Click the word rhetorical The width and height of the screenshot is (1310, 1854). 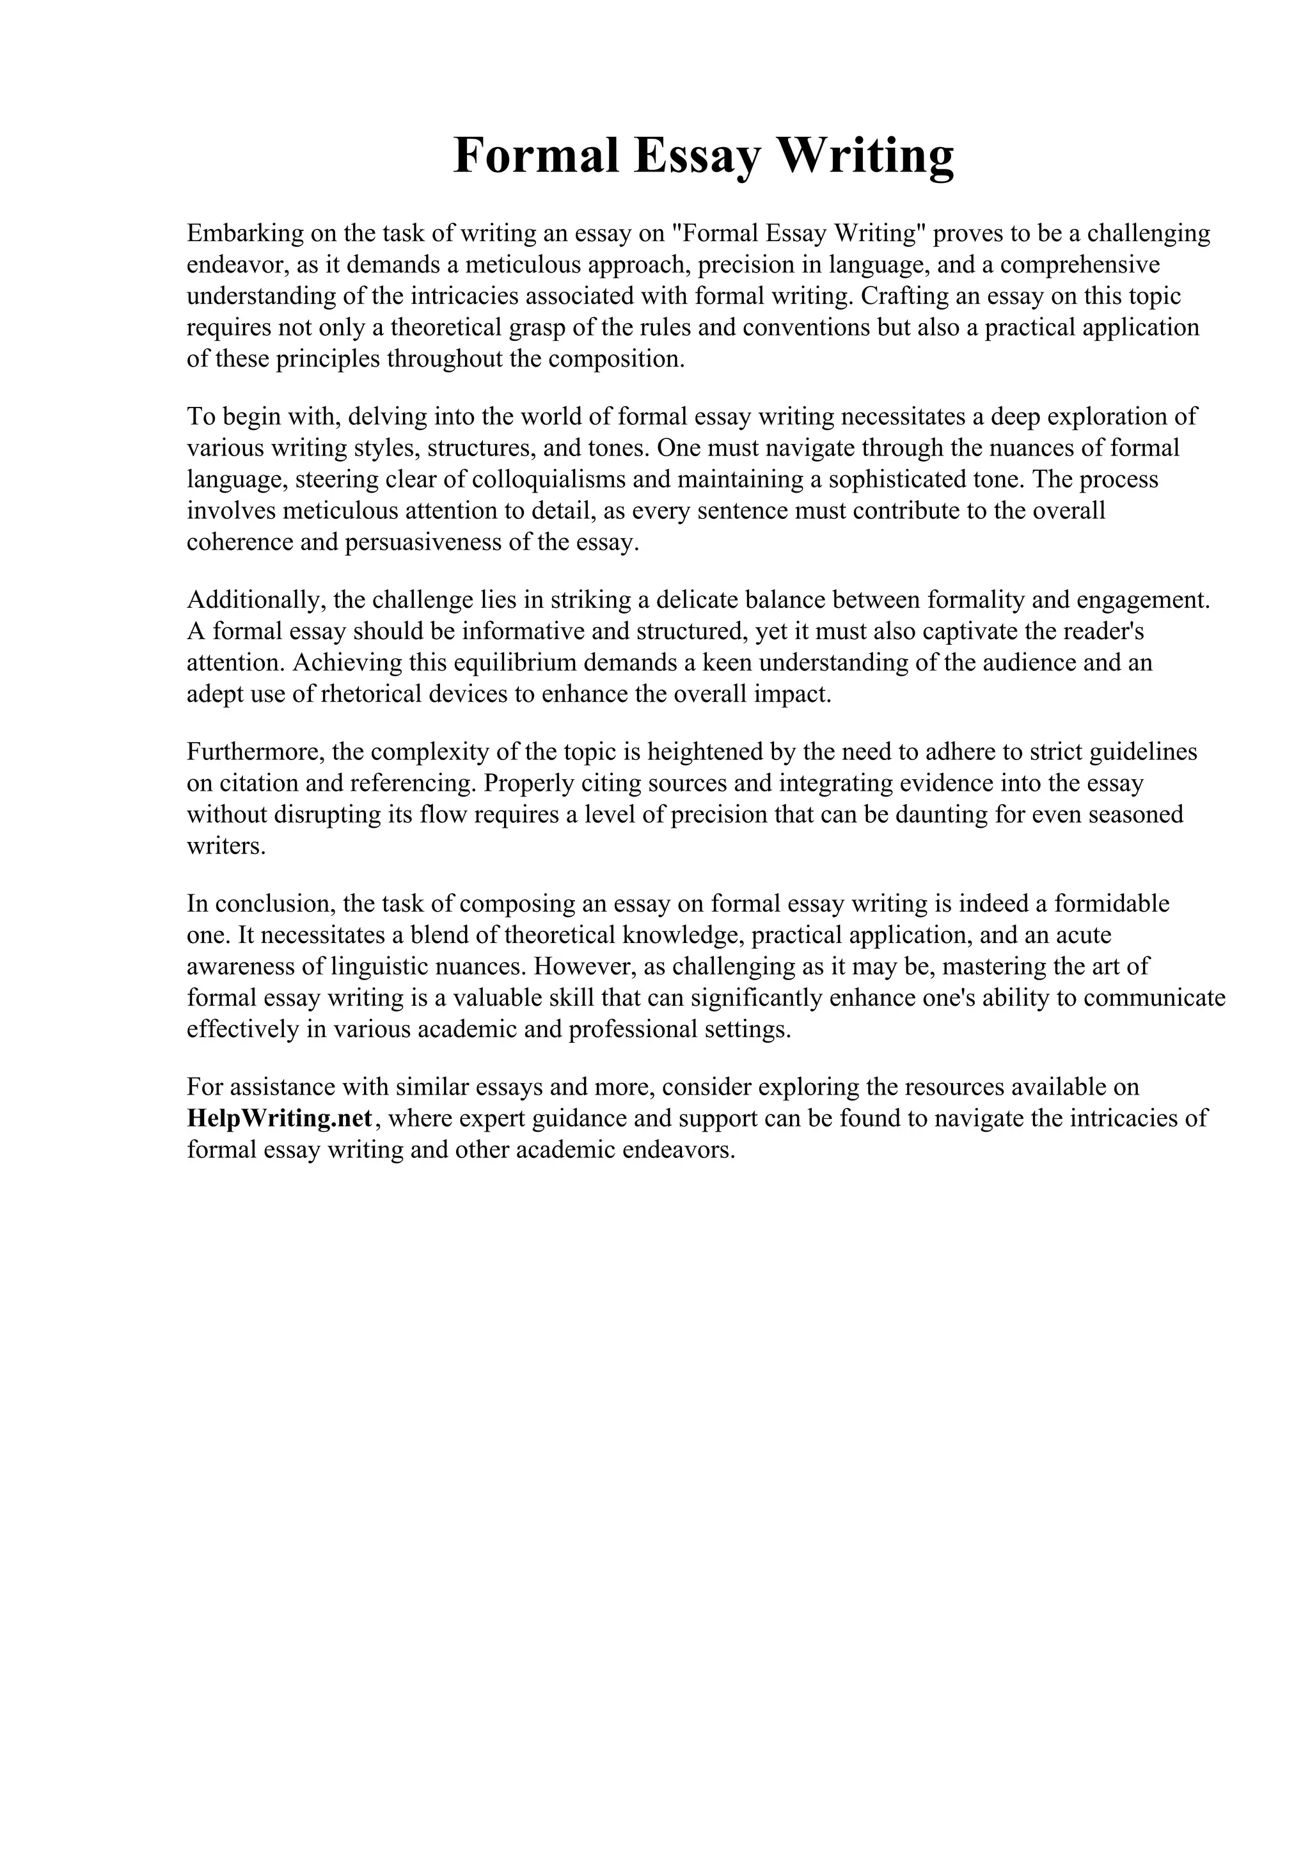[x=371, y=694]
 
